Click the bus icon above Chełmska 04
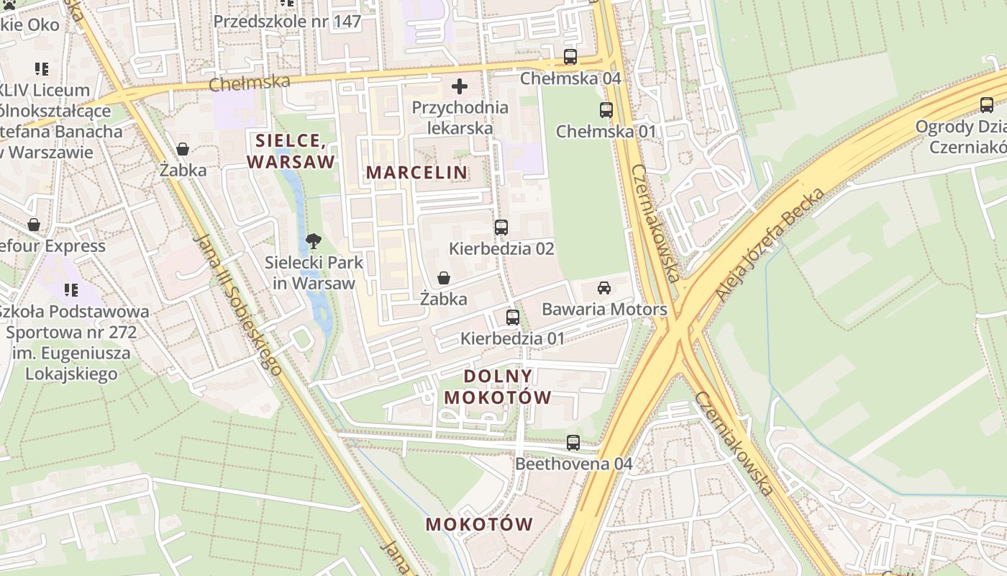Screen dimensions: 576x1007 coord(570,57)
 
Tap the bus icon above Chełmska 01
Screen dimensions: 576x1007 coord(606,110)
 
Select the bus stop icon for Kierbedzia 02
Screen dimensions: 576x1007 coord(501,228)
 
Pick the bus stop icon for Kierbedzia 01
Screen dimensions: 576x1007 coord(513,317)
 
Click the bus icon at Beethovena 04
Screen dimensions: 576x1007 coord(573,443)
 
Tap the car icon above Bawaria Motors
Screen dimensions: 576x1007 coord(604,288)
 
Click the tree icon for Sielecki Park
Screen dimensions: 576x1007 coord(313,241)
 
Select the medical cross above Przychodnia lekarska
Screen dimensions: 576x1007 coord(460,87)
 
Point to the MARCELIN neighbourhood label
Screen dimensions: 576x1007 coord(417,173)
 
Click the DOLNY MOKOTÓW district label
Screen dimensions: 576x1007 coord(498,387)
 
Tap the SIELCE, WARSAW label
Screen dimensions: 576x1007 coord(291,150)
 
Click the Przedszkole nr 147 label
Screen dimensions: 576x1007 coord(287,22)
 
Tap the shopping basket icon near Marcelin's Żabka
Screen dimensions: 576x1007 coord(444,278)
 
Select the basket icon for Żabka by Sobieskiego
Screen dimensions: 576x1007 coord(183,149)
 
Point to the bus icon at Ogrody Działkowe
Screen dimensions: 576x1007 coord(987,105)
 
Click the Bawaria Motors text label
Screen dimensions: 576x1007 coord(604,310)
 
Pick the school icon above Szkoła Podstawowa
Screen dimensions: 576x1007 coord(70,290)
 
